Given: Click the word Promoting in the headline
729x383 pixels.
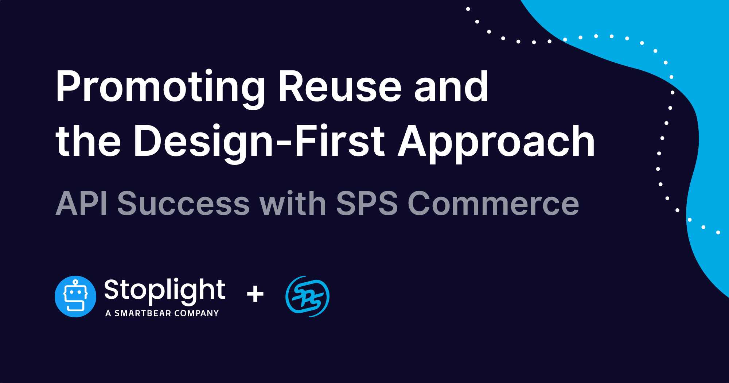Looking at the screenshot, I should coord(160,88).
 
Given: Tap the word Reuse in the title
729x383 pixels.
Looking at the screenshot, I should coord(339,88).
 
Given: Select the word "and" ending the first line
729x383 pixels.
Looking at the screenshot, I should coord(451,88).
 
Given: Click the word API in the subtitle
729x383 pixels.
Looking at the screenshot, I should coord(81,204).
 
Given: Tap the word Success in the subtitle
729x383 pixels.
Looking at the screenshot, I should coord(183,204).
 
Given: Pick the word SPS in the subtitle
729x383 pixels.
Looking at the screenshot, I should coord(367,204).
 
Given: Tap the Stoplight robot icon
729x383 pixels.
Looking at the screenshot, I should coord(75,296).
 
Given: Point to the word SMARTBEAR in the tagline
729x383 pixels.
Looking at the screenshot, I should coord(143,313).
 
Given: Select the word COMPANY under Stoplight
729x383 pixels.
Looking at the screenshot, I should coord(196,313).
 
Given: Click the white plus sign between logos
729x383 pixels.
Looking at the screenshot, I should coord(255,294).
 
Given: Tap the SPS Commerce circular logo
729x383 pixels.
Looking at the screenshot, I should coord(307,296).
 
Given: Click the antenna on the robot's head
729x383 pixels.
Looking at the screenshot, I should coord(75,282).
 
